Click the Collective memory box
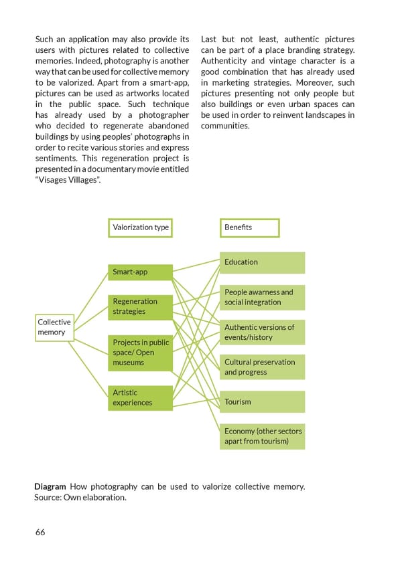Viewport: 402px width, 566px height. [53, 327]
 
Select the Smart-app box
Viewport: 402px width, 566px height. [139, 272]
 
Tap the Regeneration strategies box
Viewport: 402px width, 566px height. [139, 306]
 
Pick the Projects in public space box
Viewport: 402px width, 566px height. [139, 353]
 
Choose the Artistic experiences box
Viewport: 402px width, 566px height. [139, 397]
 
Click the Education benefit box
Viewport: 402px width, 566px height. [262, 262]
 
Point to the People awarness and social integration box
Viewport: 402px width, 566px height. [262, 297]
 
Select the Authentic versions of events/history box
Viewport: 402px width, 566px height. [262, 332]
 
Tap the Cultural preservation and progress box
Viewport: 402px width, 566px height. [262, 367]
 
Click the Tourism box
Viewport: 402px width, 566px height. [262, 401]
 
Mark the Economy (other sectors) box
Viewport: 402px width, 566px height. [262, 436]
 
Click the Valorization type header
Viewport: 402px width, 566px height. [141, 227]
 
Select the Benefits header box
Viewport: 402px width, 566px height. [249, 227]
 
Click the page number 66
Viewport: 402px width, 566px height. [40, 532]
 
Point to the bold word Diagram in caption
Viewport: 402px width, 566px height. [50, 486]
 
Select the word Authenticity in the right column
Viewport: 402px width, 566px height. [228, 61]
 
